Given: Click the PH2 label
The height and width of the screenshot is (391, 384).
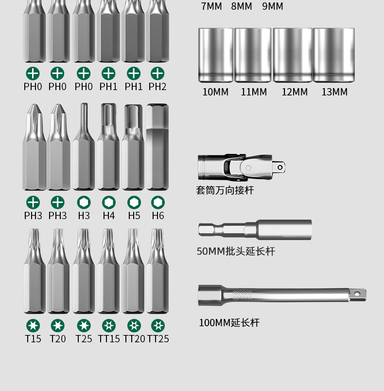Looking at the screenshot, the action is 157,87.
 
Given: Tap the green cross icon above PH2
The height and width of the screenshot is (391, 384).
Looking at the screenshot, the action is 157,74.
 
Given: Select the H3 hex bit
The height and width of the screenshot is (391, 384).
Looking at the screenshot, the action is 84,147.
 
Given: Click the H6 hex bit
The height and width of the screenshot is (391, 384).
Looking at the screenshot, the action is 157,147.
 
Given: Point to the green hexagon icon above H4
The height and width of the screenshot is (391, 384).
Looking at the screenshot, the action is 109,202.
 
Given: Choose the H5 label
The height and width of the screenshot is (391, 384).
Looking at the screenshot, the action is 134,216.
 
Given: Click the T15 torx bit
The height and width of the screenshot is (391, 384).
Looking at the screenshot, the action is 35,271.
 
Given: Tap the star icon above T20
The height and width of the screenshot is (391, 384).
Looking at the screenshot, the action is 57,326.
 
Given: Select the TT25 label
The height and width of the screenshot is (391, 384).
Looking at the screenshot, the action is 158,339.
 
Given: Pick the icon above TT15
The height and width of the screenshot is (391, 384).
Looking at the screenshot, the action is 109,326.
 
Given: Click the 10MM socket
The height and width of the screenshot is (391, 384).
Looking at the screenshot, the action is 216,55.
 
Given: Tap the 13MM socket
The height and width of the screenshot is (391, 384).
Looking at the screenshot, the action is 334,55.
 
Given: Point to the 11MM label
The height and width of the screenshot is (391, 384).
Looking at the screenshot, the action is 254,92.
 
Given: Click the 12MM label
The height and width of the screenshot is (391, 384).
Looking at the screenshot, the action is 295,92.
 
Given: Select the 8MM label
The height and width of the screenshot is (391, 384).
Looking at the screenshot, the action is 242,6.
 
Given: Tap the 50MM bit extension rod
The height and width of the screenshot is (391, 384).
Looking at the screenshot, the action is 255,230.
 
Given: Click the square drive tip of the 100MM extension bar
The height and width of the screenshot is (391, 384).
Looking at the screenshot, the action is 358,295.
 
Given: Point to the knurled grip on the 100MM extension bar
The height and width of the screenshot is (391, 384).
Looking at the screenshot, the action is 243,295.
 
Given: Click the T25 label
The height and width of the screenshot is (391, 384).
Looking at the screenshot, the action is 84,339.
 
